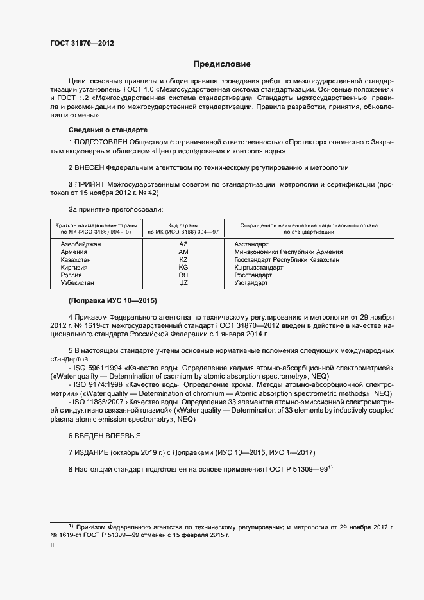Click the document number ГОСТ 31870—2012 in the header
tap(81, 43)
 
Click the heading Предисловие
tap(222, 65)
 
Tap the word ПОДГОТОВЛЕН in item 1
tap(101, 141)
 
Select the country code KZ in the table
tap(183, 260)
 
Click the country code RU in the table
tap(183, 275)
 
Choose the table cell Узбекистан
tap(77, 282)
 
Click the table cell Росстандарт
tap(253, 275)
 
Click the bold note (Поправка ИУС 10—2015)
tap(112, 300)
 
